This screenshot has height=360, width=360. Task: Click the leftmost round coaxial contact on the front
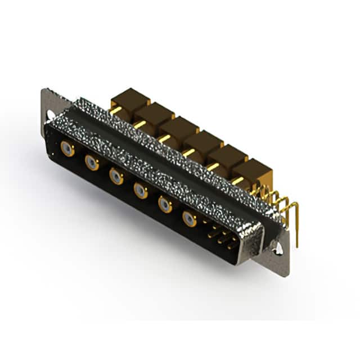point(67,148)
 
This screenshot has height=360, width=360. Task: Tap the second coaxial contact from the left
point(92,163)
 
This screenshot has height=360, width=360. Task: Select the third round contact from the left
point(116,177)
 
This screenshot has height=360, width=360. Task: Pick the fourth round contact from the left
point(141,191)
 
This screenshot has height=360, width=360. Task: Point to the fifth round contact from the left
point(165,205)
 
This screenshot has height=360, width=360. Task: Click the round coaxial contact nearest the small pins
point(190,218)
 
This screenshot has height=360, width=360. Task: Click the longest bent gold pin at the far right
point(296,217)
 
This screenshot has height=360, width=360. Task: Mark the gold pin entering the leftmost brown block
point(115,111)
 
